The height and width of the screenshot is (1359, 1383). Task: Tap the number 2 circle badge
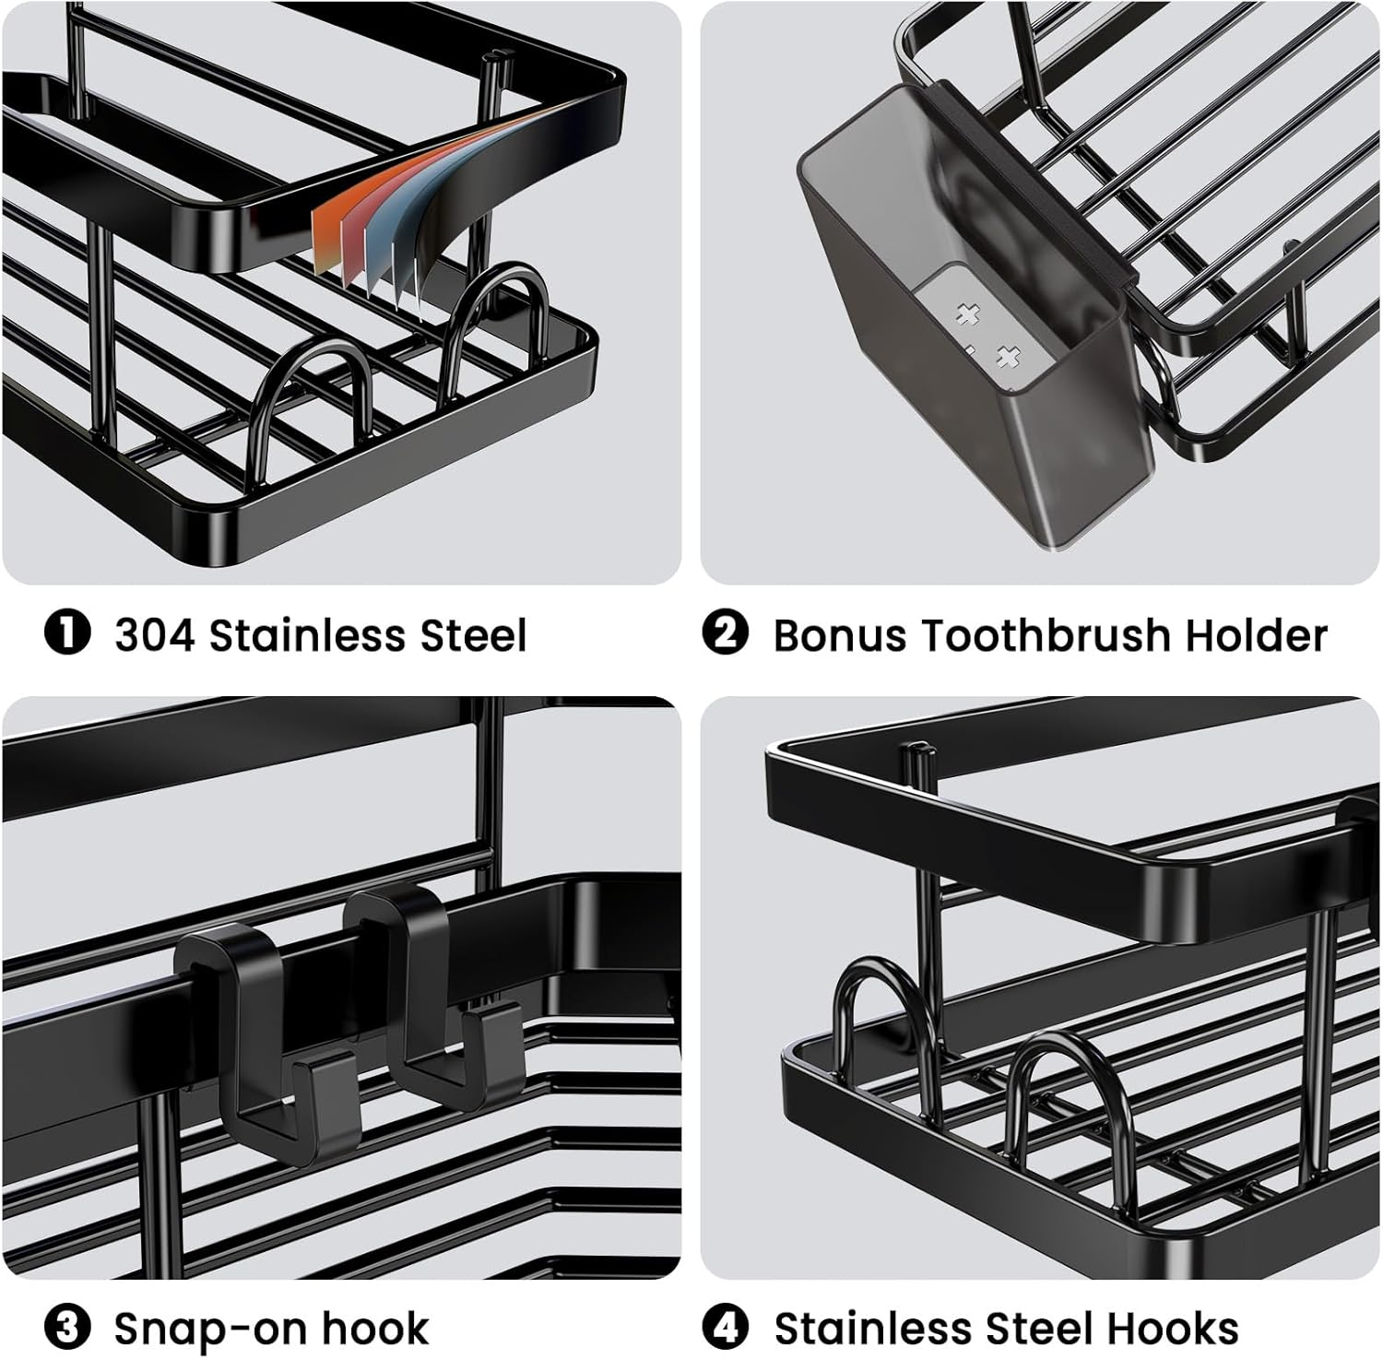725,634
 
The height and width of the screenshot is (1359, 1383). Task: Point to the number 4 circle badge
725,1328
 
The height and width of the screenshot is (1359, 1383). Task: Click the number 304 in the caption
154,635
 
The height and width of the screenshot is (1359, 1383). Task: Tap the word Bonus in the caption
839,635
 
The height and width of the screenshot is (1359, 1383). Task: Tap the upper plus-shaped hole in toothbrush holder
967,315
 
